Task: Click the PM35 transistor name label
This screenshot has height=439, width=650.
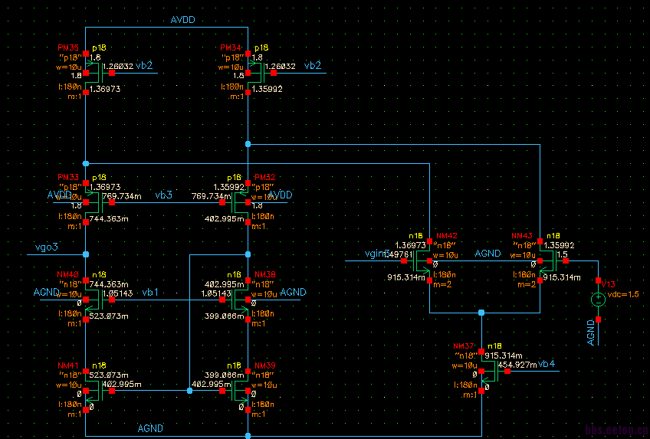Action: [x=68, y=48]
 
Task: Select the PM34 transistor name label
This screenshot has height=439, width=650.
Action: [x=231, y=48]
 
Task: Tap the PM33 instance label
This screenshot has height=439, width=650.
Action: [x=68, y=177]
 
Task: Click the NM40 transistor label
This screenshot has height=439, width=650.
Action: [x=68, y=274]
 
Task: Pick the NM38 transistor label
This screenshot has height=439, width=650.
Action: [x=265, y=274]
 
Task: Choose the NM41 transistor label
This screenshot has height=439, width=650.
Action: [x=68, y=365]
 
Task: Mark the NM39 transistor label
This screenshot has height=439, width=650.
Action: [x=265, y=365]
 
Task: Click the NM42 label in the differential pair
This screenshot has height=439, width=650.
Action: [x=447, y=236]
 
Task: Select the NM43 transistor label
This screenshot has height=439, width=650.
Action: [x=522, y=236]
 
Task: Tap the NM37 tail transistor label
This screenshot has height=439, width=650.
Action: [x=465, y=346]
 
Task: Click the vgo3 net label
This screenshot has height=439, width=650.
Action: [x=48, y=247]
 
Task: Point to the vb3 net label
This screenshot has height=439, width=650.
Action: [x=163, y=195]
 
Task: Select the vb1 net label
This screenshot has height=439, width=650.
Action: [x=150, y=293]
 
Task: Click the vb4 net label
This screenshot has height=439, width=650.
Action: [x=547, y=363]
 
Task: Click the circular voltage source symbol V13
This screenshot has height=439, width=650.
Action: [x=599, y=300]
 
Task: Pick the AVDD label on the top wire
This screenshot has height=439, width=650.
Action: [x=184, y=21]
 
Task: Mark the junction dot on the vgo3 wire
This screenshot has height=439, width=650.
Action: [x=86, y=254]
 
